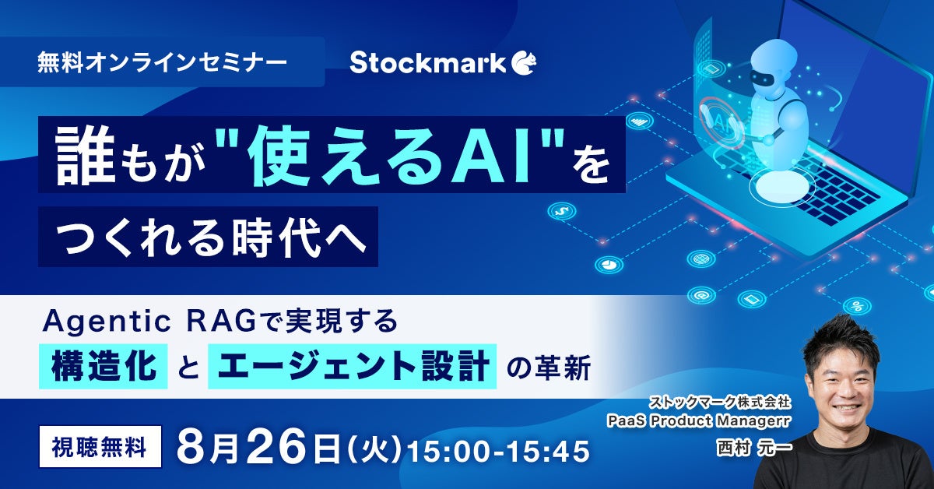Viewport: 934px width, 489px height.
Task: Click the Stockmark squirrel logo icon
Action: click(x=524, y=63)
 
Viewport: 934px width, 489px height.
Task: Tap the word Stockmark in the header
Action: click(x=427, y=63)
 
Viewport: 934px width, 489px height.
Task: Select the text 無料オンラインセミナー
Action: click(x=162, y=63)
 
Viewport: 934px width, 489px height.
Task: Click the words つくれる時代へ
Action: click(x=210, y=237)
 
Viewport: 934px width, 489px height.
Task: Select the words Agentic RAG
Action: click(x=149, y=322)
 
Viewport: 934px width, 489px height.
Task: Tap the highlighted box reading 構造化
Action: click(x=104, y=366)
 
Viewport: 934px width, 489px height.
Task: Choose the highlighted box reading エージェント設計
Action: click(x=353, y=366)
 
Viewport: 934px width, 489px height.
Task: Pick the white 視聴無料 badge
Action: click(x=100, y=446)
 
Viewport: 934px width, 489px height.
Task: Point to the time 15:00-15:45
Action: click(x=498, y=451)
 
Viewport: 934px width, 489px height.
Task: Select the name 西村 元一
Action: click(x=753, y=448)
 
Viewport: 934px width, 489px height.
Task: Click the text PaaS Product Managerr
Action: click(x=699, y=421)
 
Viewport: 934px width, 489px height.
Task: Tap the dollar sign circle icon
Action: click(x=561, y=211)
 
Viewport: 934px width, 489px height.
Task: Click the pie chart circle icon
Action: click(x=609, y=265)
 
